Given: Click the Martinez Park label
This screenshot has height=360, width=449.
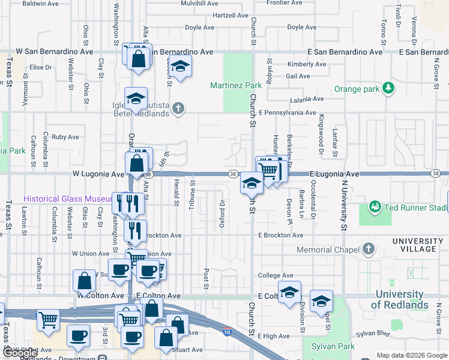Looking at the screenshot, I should (x=236, y=85).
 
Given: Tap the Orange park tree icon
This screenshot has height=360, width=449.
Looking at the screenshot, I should (x=389, y=89).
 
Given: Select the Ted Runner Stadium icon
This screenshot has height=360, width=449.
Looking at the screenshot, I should (x=376, y=208).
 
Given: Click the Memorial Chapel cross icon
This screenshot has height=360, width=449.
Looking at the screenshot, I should (x=367, y=249).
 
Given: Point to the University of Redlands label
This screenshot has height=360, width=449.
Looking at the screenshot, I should (x=401, y=299).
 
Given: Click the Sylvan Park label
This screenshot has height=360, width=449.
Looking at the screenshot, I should (x=334, y=346).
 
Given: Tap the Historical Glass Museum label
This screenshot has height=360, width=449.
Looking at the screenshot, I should (x=67, y=199).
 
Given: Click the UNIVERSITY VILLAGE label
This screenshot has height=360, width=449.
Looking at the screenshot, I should (x=423, y=245).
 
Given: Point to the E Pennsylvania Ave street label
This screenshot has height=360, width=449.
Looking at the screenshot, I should (x=287, y=112).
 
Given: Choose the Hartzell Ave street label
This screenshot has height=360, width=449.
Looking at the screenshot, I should (x=230, y=15).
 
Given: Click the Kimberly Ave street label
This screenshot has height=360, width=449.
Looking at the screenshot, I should (x=306, y=64).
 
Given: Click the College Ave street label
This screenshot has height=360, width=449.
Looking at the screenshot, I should (x=275, y=275).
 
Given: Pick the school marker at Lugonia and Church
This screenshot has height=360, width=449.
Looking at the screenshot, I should (x=252, y=184).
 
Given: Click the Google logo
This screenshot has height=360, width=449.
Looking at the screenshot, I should (x=19, y=353).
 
